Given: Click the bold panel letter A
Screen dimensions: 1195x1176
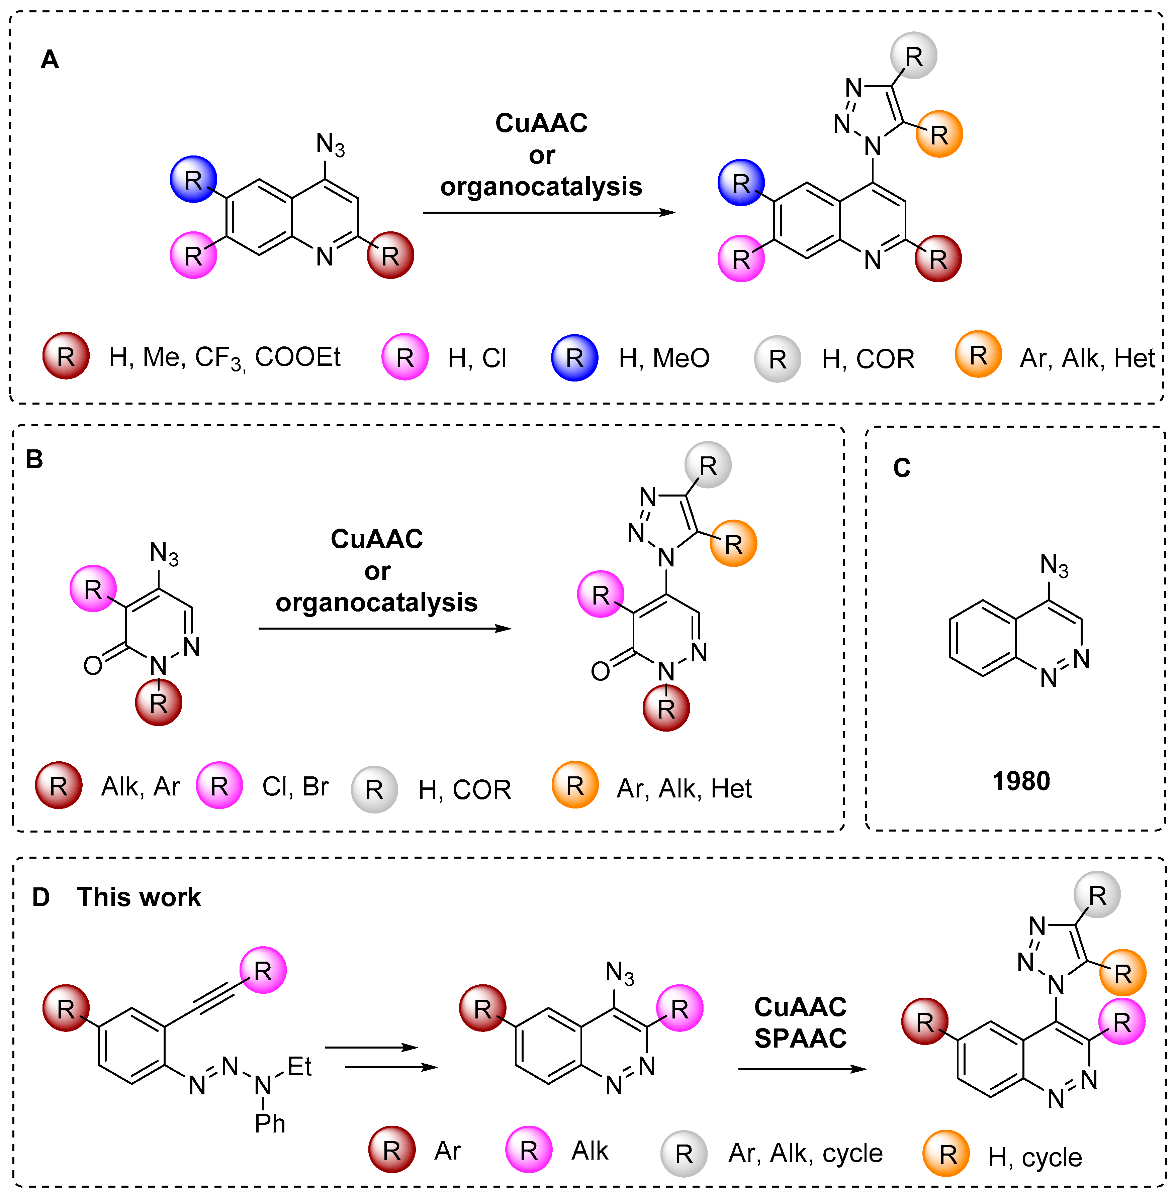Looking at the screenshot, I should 50,60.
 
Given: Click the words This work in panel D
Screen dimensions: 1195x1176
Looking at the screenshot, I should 139,897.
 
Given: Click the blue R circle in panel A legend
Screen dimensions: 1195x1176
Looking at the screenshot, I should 574,357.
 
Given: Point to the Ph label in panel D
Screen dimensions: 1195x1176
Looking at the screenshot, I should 270,1123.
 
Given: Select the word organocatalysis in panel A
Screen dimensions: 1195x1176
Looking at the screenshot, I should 541,187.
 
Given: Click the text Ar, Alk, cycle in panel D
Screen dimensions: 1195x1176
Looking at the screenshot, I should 805,1153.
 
